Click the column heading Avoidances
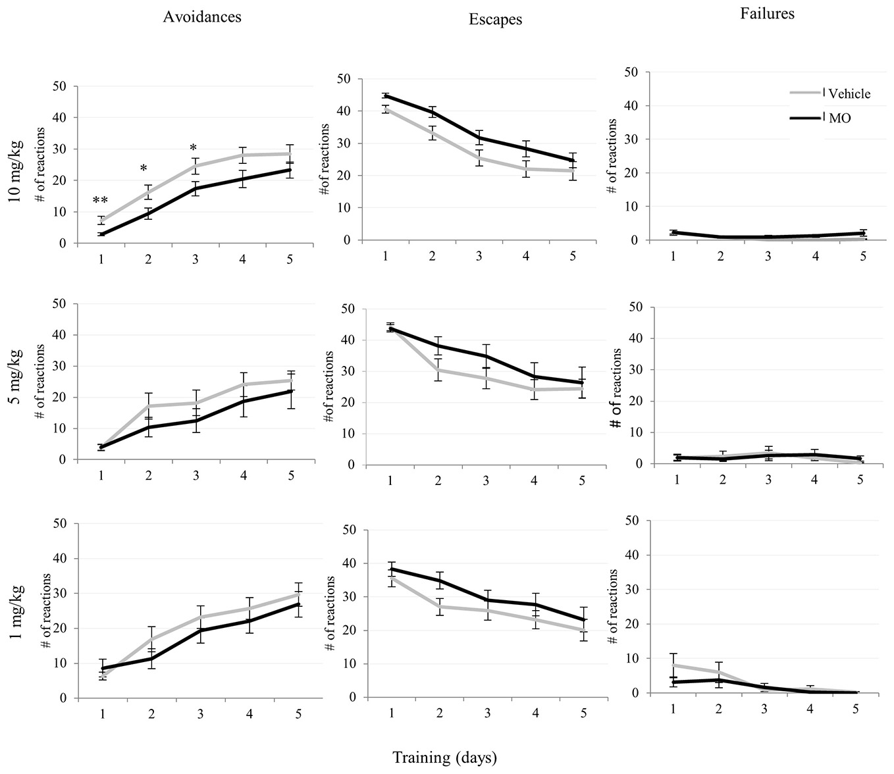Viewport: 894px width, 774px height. [x=202, y=17]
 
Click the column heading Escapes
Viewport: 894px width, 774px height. [x=495, y=20]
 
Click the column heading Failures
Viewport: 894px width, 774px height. [x=768, y=13]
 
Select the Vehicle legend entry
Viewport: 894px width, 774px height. [x=849, y=93]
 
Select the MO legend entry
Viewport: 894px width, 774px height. [x=840, y=118]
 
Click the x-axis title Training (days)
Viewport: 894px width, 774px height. [x=445, y=757]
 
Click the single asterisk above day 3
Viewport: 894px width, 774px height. [x=193, y=148]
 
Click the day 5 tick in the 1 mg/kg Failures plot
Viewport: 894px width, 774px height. [x=856, y=709]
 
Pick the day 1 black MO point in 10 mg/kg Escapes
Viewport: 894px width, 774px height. [x=386, y=95]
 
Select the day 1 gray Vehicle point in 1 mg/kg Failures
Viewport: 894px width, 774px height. [x=673, y=665]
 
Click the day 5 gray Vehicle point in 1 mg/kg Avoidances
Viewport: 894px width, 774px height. [x=299, y=594]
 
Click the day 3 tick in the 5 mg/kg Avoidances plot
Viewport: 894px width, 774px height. [x=196, y=475]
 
